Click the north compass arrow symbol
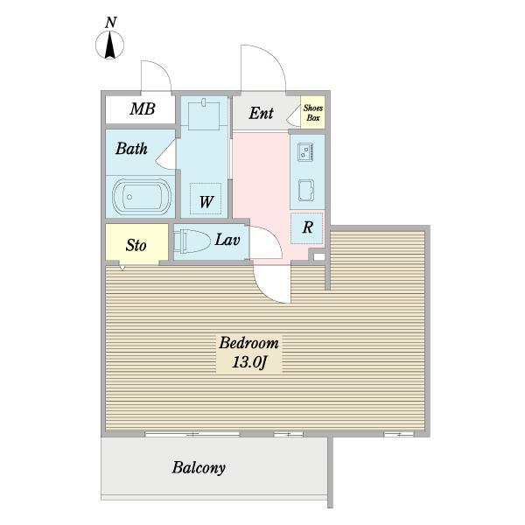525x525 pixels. [x=110, y=45]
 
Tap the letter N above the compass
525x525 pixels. [x=110, y=23]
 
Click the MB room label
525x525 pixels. [x=143, y=108]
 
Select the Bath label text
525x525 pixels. [x=131, y=149]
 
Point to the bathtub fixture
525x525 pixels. [x=142, y=197]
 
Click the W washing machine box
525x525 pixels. [x=206, y=199]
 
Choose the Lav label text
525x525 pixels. [x=227, y=240]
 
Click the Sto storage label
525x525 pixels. [x=136, y=245]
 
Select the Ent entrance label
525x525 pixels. [x=261, y=113]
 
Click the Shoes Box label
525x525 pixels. [x=313, y=113]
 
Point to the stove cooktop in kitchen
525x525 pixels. [x=305, y=152]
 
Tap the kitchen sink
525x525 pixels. [x=306, y=191]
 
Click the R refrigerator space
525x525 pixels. [x=307, y=228]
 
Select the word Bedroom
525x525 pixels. [x=248, y=343]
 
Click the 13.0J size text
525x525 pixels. [x=249, y=362]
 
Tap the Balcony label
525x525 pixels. [x=199, y=468]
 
